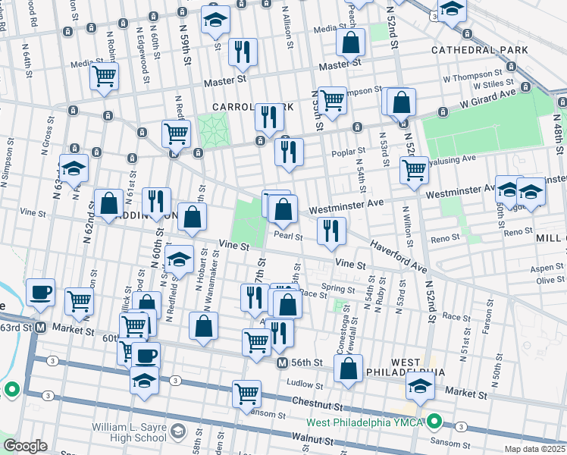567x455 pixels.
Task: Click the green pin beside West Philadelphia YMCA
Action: pos(434,420)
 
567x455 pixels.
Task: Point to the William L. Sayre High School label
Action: pos(129,432)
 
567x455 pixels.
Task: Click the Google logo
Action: pos(25,446)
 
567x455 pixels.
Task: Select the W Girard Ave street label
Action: pos(490,97)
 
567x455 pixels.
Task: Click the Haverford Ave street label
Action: pos(399,256)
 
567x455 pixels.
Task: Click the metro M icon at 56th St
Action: pos(281,363)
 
